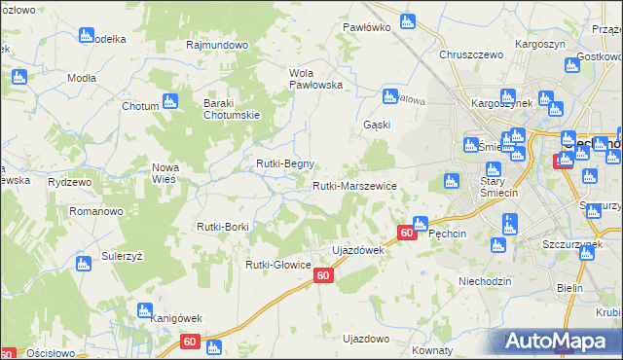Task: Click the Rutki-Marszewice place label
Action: pos(353,185)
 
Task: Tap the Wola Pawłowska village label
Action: pos(316,79)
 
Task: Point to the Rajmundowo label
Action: pos(218,45)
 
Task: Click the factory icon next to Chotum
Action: pos(169,101)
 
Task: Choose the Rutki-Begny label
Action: pos(284,163)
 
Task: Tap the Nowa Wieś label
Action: pos(165,173)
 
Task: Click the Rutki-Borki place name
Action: pos(223,227)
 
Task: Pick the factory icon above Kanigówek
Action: pos(142,297)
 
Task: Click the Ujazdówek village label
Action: pos(359,250)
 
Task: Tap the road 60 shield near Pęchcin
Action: pos(407,233)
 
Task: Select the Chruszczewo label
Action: pos(470,55)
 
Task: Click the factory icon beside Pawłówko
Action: pos(408,19)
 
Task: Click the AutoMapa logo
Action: pos(559,341)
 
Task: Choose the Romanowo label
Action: pos(94,210)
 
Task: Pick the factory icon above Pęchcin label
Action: pos(420,223)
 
